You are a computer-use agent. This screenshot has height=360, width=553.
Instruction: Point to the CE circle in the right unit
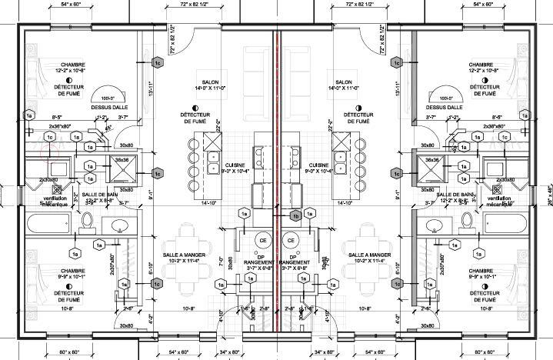(x=291, y=241)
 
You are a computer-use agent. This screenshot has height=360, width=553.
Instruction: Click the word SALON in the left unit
(x=211, y=82)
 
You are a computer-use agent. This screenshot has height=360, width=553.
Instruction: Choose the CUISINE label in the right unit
(x=318, y=165)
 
